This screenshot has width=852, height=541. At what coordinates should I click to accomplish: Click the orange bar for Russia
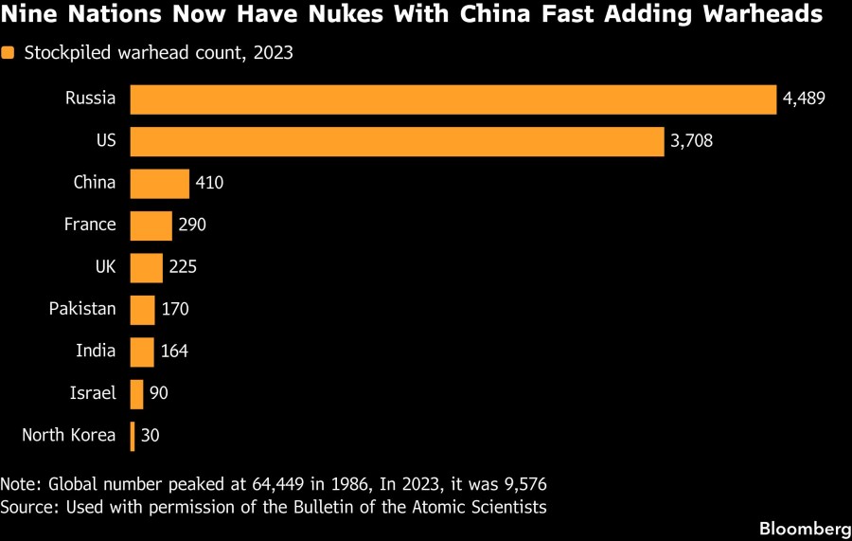coord(453,99)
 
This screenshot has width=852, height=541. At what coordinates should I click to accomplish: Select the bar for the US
coord(397,141)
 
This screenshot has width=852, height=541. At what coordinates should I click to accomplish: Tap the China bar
coord(159,183)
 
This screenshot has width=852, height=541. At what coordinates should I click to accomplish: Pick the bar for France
coord(151,225)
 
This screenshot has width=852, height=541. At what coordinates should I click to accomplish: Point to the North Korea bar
coord(133,436)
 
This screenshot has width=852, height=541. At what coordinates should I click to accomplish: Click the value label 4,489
coord(805,99)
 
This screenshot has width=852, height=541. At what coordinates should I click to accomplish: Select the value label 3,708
coord(691,141)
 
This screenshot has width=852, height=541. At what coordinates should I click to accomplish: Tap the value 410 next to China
coord(209,183)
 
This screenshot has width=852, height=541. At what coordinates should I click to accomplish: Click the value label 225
coord(183,267)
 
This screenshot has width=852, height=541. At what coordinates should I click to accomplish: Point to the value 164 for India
coord(174,352)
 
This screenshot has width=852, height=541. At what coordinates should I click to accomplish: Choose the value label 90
coord(159,393)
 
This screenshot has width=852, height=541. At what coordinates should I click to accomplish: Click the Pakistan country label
coord(82,309)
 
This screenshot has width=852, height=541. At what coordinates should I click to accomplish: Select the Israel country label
coord(93,393)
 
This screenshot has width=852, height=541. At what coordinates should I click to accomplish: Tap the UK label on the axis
coord(104,267)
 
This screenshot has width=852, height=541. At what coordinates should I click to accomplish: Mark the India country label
coord(96,352)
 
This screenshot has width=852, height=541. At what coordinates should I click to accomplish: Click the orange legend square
coord(8,54)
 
